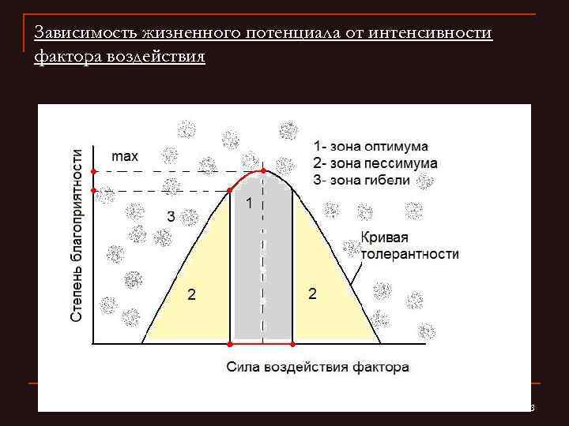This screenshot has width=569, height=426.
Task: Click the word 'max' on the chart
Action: [125, 156]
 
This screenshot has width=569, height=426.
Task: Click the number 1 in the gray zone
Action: [249, 204]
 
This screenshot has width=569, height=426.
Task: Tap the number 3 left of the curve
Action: [170, 216]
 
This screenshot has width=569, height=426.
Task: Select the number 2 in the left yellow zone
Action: [190, 295]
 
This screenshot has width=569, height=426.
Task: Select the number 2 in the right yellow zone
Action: [313, 294]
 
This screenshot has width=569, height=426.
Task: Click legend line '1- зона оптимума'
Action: [371, 147]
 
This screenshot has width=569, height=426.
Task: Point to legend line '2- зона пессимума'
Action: [375, 163]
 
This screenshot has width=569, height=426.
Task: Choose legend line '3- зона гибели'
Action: [361, 179]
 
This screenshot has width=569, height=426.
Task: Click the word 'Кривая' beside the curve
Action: [386, 237]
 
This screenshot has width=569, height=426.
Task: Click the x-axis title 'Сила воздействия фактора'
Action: [318, 367]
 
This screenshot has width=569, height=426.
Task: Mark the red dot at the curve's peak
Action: [264, 171]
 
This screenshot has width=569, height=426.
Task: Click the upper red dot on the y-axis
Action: [93, 171]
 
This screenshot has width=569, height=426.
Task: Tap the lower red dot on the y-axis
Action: [93, 190]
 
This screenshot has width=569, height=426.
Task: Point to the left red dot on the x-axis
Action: [230, 345]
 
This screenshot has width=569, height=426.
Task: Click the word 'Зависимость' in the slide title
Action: [86, 34]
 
